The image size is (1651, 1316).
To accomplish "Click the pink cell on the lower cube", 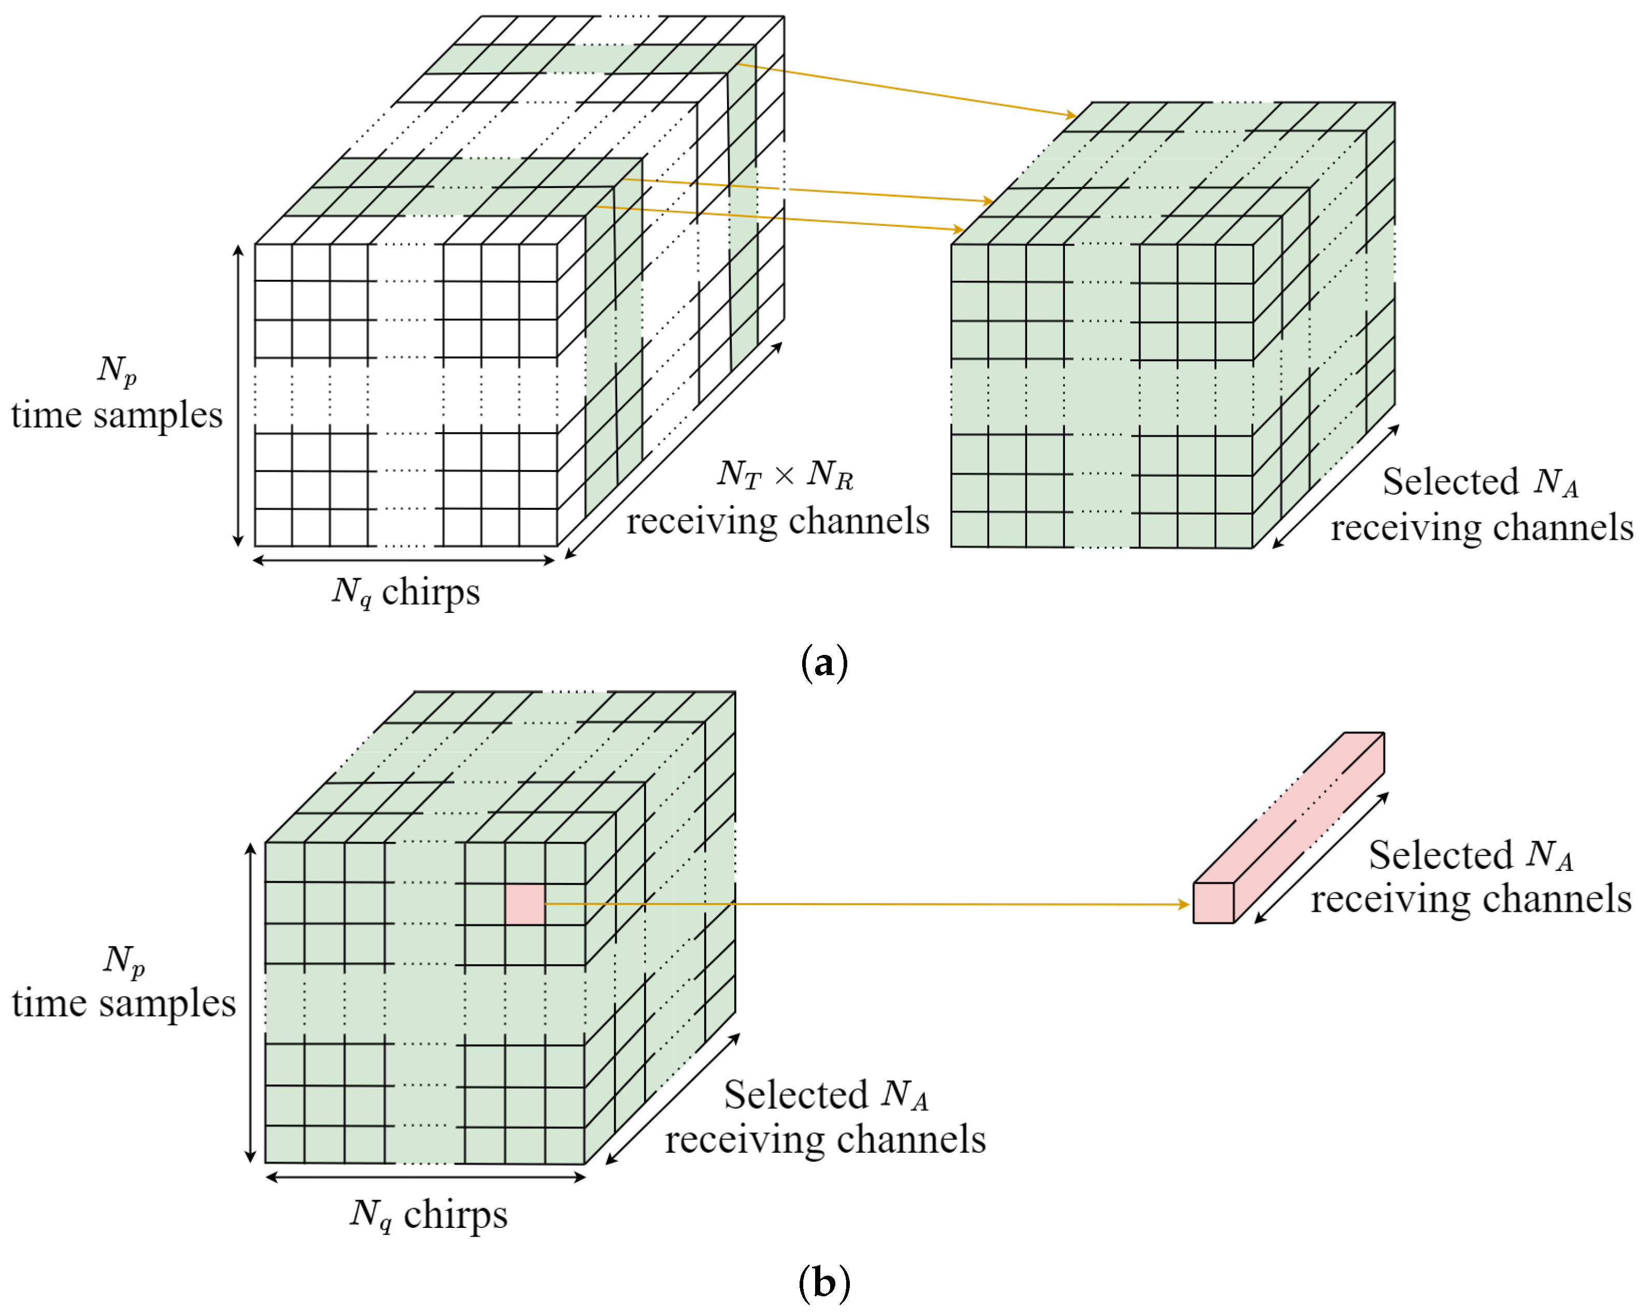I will [524, 904].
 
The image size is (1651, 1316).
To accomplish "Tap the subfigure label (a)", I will [824, 663].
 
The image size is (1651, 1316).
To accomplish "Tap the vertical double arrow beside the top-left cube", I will [238, 396].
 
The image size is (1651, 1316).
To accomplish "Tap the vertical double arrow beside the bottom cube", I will [250, 1003].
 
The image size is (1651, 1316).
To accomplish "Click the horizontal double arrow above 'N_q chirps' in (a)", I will [404, 561].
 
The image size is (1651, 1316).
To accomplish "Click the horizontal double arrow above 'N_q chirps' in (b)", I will [425, 1178].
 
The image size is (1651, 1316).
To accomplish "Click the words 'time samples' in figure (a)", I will [117, 416].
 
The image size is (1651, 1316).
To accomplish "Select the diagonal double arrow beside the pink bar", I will [1321, 857].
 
